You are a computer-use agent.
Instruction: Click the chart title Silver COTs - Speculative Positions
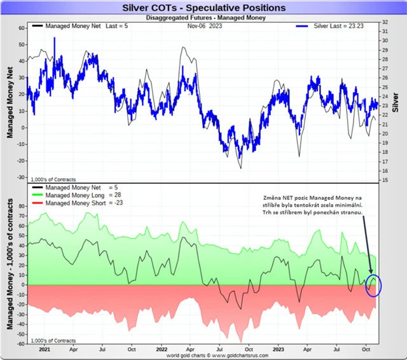[203, 8]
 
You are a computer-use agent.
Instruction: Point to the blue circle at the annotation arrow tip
[373, 286]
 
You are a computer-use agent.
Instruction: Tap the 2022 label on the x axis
[163, 349]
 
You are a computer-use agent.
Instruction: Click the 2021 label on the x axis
[45, 349]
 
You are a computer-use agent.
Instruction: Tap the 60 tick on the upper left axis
[21, 29]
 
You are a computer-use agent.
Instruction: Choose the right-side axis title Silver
[397, 102]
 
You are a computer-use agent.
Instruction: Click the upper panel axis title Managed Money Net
[11, 102]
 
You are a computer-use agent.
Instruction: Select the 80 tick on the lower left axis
[21, 207]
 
